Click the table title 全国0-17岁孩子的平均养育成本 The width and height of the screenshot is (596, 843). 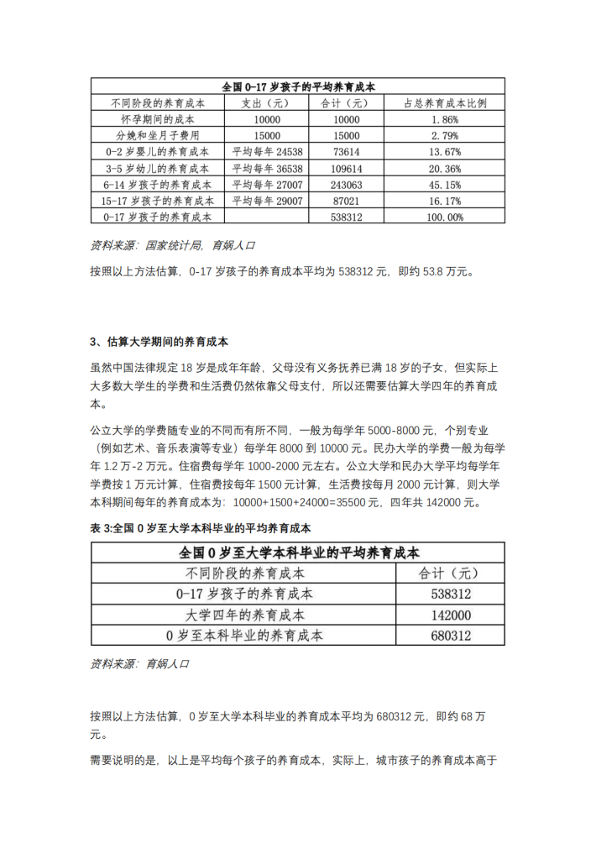click(x=298, y=86)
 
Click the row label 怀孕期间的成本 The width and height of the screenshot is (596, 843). click(x=158, y=120)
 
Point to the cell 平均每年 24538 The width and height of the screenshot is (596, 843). click(x=266, y=152)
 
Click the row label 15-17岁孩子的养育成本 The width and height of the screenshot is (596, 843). click(x=158, y=201)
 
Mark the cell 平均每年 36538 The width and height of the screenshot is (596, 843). click(x=266, y=168)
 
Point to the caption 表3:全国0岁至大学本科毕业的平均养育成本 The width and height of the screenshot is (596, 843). click(x=201, y=528)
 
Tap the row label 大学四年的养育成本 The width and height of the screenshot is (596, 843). click(x=244, y=615)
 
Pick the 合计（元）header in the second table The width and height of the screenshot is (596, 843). click(x=449, y=573)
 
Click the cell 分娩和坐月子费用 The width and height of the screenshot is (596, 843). click(x=158, y=136)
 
